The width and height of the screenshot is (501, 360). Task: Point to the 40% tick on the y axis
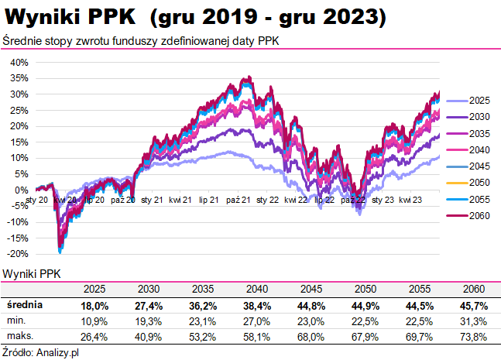[19, 63]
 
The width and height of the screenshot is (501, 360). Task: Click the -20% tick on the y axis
[19, 254]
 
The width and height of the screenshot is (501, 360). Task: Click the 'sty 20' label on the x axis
[38, 200]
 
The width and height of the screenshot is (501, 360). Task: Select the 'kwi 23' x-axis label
[410, 200]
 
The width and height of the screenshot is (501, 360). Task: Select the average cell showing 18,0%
[94, 306]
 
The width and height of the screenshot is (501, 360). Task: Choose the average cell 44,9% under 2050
[361, 306]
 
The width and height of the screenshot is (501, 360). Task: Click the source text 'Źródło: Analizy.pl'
[42, 352]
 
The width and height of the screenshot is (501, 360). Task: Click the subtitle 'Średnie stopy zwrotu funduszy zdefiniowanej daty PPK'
[142, 40]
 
